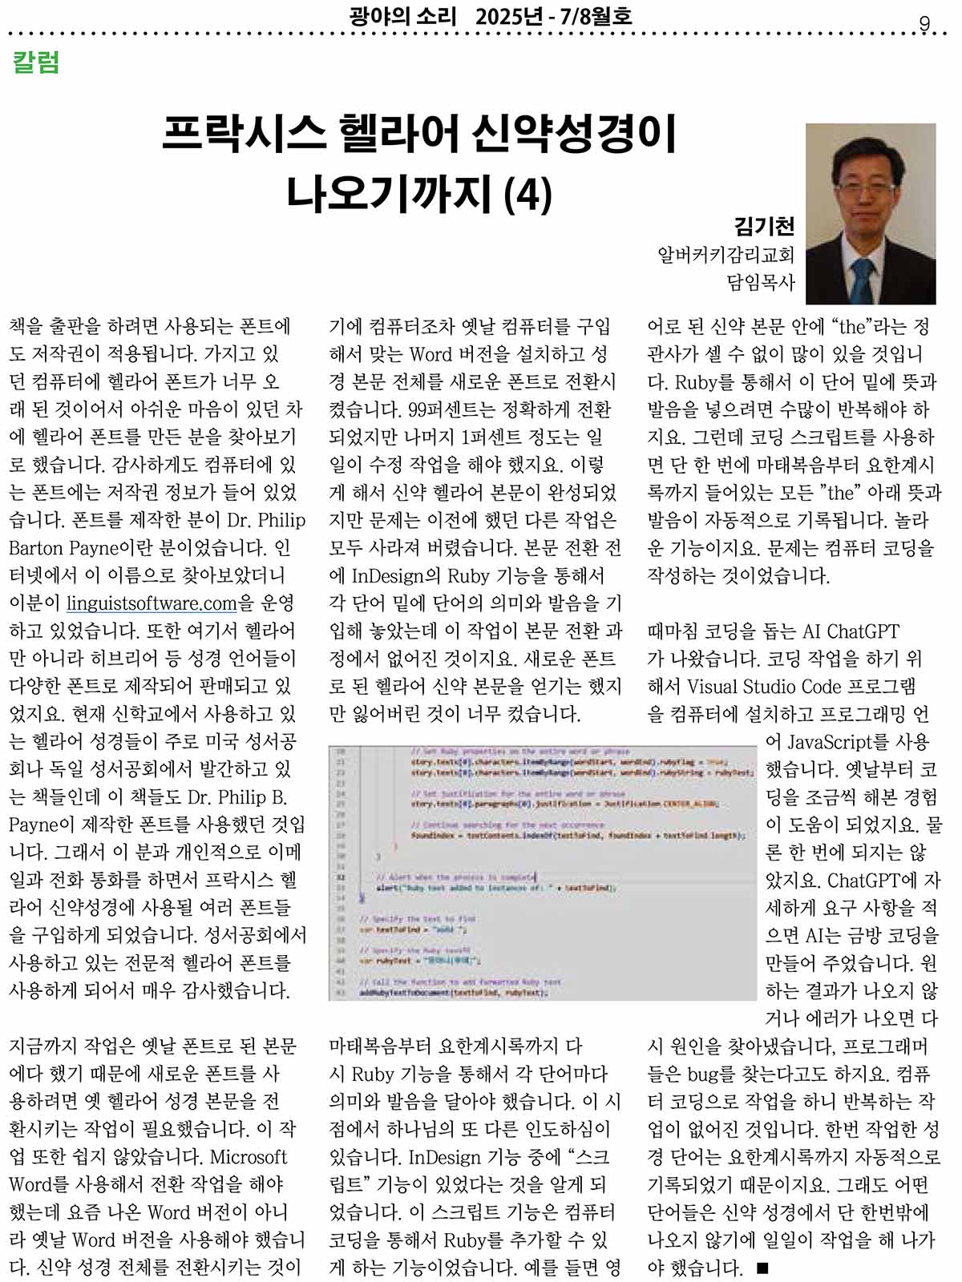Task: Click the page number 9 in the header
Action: [x=924, y=24]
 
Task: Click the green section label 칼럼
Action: [x=36, y=62]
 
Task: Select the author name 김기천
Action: [x=764, y=226]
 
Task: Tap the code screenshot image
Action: [x=542, y=873]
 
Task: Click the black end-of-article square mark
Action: [x=762, y=1268]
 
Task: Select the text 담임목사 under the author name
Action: [x=760, y=282]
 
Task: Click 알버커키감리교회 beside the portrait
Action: [x=726, y=255]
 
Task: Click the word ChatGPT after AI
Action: [x=863, y=631]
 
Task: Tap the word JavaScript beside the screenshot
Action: [x=838, y=742]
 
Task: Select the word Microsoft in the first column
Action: [x=248, y=1157]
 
